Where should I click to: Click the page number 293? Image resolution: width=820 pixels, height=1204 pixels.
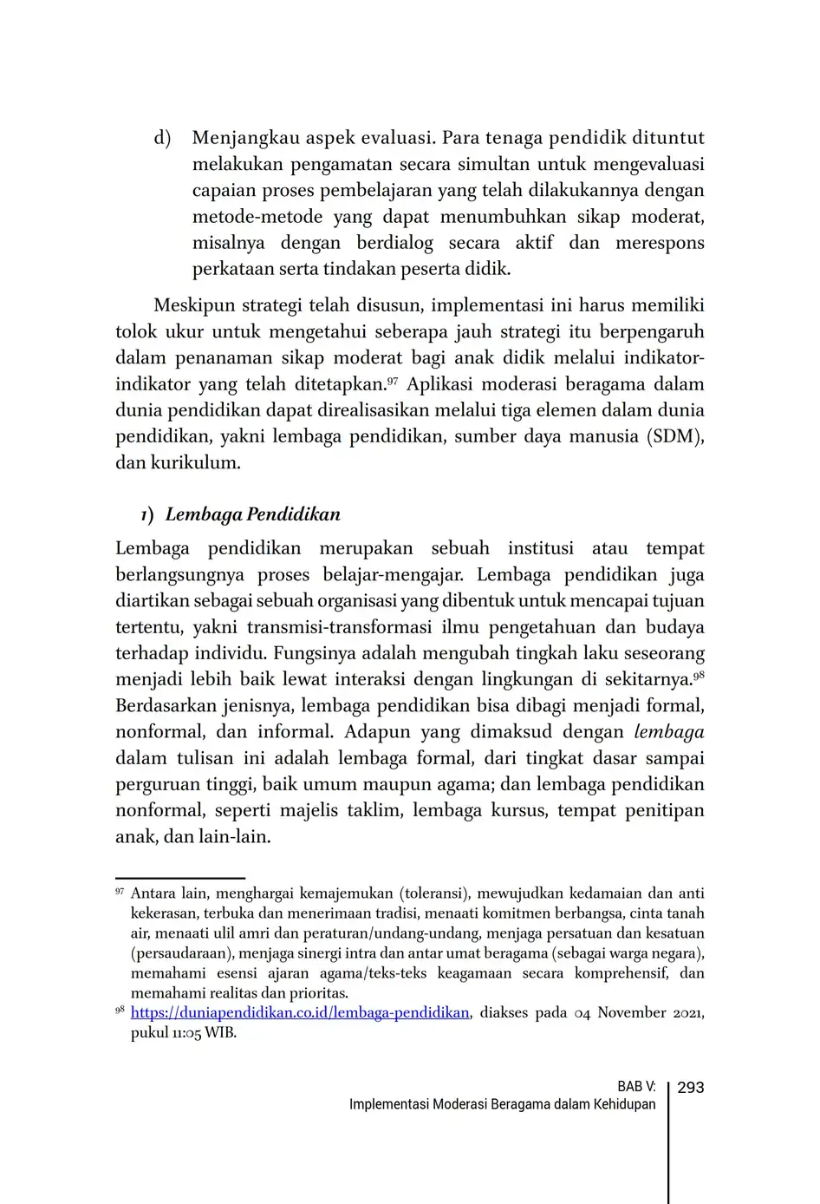[690, 1088]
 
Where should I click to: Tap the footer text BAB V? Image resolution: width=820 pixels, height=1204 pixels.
[636, 1088]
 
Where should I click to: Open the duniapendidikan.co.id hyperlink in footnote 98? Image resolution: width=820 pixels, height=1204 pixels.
[300, 1013]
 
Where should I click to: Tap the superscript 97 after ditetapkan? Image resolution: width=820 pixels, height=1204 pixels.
[392, 380]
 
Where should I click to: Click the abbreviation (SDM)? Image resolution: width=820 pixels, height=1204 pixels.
[674, 436]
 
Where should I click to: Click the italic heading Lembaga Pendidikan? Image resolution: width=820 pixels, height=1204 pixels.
[252, 514]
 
